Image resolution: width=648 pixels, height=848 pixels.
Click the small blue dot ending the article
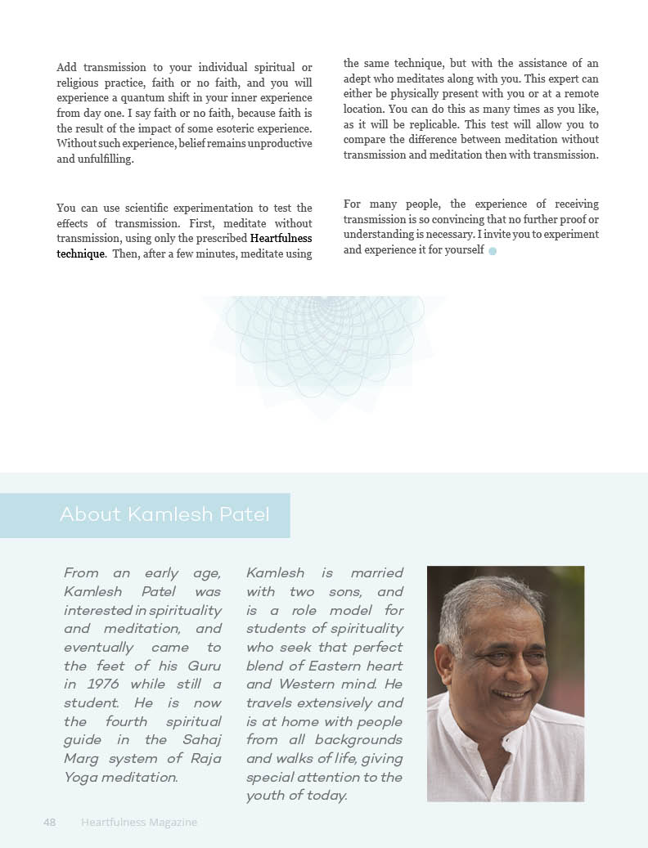[493, 251]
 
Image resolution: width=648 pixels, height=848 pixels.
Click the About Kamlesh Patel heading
[164, 515]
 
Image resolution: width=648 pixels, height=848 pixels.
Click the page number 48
[50, 822]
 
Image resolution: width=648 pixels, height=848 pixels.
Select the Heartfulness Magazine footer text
[139, 822]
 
